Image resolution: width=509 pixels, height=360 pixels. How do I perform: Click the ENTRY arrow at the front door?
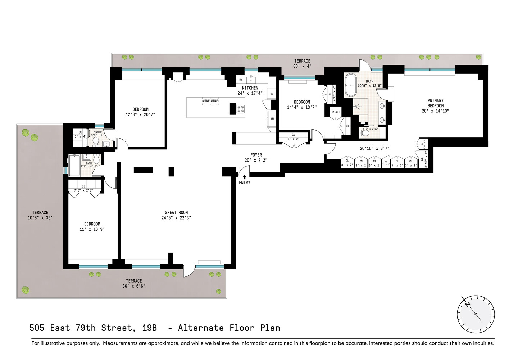tap(245, 177)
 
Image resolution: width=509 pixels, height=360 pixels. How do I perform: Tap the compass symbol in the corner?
tap(476, 314)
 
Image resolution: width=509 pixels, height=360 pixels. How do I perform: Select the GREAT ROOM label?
tap(176, 213)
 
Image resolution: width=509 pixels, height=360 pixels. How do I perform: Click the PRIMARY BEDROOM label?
tap(435, 103)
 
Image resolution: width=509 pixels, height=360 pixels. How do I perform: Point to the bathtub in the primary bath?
tap(350, 85)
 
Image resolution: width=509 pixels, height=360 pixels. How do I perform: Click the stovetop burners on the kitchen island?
tap(240, 109)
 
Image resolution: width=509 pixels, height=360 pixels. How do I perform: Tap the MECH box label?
tap(336, 112)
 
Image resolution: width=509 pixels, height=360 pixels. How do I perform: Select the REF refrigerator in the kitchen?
tap(272, 119)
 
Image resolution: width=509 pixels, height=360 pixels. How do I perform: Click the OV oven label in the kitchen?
tap(272, 94)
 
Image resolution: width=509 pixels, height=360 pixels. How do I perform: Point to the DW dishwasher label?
tap(241, 80)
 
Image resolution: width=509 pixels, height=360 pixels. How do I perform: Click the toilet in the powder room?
tap(96, 142)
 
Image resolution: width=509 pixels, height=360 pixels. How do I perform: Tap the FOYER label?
tap(256, 155)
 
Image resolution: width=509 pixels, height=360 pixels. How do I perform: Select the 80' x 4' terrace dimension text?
tap(302, 66)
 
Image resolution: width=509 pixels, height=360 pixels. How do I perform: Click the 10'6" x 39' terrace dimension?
tap(40, 218)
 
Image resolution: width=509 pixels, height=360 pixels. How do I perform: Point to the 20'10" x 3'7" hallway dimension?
tap(374, 148)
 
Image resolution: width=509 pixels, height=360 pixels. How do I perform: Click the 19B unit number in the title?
tap(149, 328)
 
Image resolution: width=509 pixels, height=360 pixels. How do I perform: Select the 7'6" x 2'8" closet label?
tap(83, 190)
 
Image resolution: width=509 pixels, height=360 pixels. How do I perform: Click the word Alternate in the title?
tap(201, 328)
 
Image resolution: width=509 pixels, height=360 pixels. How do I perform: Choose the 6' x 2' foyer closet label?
tap(293, 139)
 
